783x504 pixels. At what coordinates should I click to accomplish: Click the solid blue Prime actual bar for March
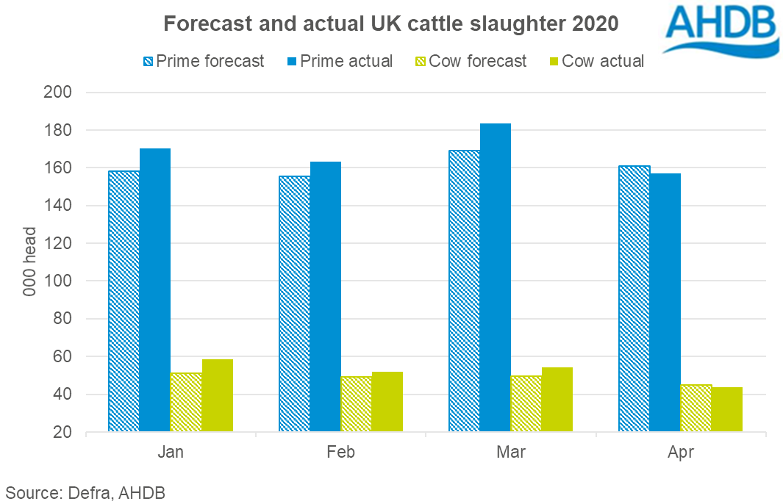coord(496,277)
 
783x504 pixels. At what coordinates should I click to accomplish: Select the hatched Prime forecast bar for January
coord(124,301)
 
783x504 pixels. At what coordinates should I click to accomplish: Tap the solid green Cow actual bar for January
coord(217,395)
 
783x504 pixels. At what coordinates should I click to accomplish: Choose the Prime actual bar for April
coord(665,303)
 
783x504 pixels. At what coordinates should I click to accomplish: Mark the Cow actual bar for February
coord(387,402)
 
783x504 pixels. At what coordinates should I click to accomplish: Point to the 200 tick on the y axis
coord(58,93)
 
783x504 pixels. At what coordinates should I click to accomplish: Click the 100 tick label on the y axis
coord(58,281)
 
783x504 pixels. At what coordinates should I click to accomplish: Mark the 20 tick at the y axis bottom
coord(62,432)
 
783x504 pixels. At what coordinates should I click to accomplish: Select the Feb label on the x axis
coord(340,452)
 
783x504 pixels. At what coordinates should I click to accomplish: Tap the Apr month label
coord(681,452)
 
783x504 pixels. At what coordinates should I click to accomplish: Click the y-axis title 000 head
coord(29,262)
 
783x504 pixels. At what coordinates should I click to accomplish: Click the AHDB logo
coord(720,30)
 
